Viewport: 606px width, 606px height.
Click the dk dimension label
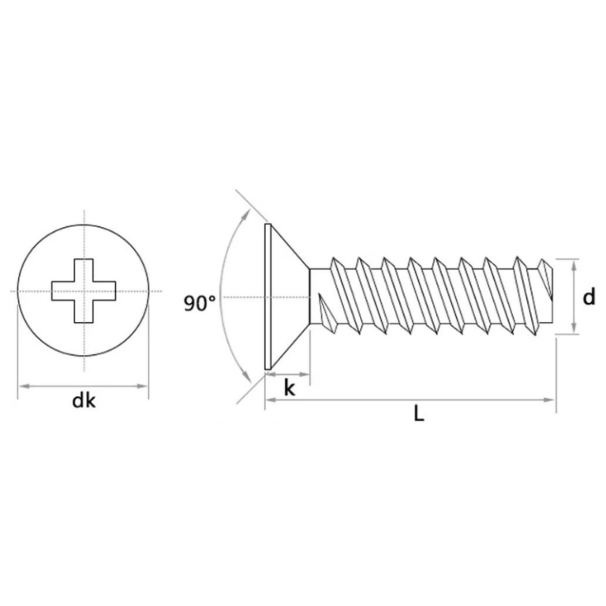pyautogui.click(x=83, y=402)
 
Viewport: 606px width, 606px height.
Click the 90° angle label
pyautogui.click(x=200, y=303)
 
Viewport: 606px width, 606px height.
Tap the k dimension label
pyautogui.click(x=289, y=388)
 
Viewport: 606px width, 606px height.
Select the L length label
pyautogui.click(x=419, y=414)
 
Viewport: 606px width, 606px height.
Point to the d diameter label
pyautogui.click(x=589, y=297)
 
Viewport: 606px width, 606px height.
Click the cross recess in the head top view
pyautogui.click(x=83, y=290)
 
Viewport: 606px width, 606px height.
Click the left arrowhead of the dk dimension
pyautogui.click(x=21, y=386)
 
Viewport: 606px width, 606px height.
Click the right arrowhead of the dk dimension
pyautogui.click(x=144, y=386)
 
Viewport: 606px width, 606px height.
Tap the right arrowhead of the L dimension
pyautogui.click(x=552, y=401)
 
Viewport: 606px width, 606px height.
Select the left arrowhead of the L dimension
pyautogui.click(x=269, y=401)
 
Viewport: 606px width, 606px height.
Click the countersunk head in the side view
pyautogui.click(x=284, y=297)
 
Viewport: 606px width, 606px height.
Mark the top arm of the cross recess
pyautogui.click(x=83, y=268)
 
